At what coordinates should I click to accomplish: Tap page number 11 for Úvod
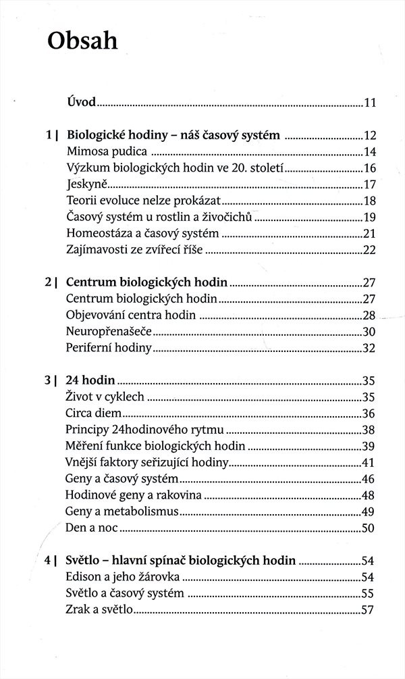tap(369, 103)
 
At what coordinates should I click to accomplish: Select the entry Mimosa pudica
tap(107, 152)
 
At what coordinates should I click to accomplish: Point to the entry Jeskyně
tap(85, 184)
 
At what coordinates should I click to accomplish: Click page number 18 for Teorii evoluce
tap(369, 201)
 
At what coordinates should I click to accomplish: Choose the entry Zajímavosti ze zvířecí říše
tap(135, 249)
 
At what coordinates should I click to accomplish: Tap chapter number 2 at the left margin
tap(49, 282)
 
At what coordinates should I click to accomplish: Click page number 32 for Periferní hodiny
tap(369, 348)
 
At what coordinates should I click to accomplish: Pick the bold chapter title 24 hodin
tap(91, 380)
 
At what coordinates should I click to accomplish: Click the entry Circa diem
tap(94, 413)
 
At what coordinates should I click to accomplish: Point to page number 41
tap(369, 462)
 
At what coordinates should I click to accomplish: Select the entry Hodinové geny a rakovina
tap(134, 495)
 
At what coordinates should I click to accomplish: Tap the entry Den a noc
tap(92, 527)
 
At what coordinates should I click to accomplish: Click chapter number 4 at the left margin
tap(49, 560)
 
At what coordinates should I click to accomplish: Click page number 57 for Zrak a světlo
tap(369, 609)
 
